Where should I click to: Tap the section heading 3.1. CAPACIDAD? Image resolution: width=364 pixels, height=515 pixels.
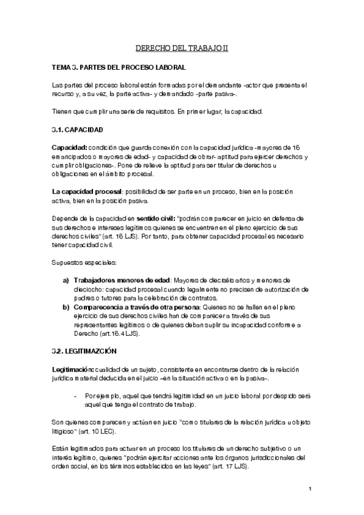78,130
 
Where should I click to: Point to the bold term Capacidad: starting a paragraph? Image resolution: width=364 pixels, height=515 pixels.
69,148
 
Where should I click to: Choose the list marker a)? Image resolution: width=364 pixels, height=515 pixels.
66,281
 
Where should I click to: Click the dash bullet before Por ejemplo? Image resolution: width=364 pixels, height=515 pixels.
74,395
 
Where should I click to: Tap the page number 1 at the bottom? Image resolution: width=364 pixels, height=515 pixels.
310,489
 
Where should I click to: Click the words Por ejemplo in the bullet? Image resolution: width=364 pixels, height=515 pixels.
102,395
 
